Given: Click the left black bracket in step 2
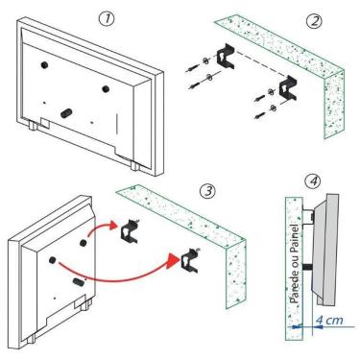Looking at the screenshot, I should tap(228, 56).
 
